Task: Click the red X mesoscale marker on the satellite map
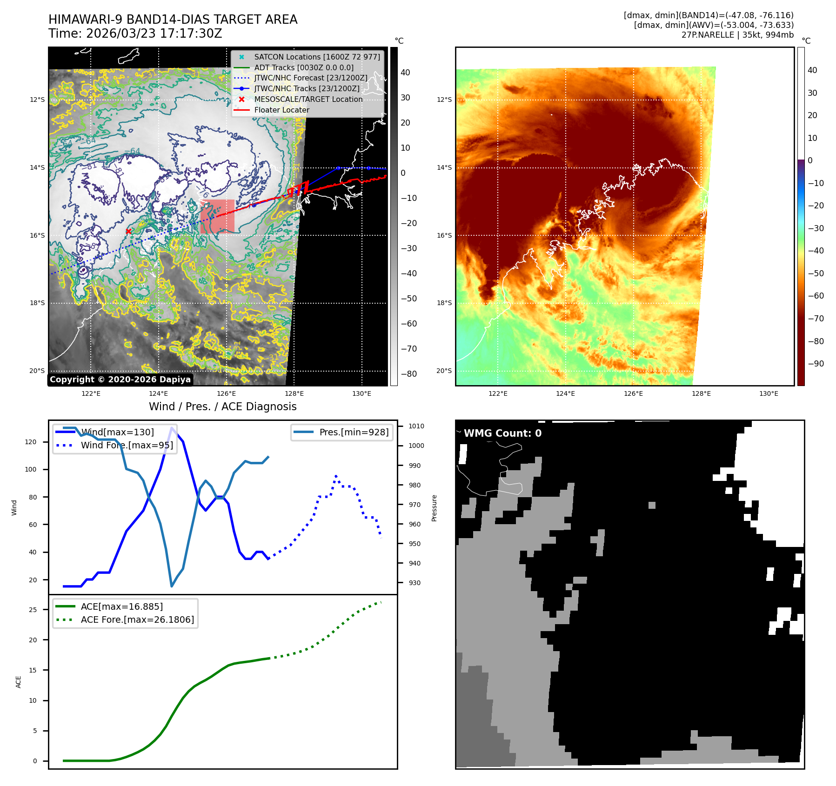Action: (x=128, y=231)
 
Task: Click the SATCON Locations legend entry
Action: (x=316, y=57)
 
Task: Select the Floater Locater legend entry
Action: (x=281, y=110)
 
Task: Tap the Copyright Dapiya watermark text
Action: (x=120, y=380)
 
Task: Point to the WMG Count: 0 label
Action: (x=502, y=433)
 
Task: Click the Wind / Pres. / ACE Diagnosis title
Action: (x=222, y=406)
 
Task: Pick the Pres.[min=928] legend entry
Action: (x=354, y=432)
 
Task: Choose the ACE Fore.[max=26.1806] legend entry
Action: (x=137, y=619)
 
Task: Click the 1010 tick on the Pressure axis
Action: (x=416, y=426)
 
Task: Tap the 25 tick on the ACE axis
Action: (x=33, y=610)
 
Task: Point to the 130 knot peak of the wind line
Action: (x=172, y=428)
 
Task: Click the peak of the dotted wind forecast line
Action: (x=336, y=476)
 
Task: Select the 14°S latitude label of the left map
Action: (x=38, y=167)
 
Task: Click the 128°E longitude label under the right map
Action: (x=701, y=393)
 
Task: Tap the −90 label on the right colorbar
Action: (x=816, y=364)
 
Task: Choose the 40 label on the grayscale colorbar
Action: (x=405, y=73)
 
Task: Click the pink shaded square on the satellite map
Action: (x=217, y=216)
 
